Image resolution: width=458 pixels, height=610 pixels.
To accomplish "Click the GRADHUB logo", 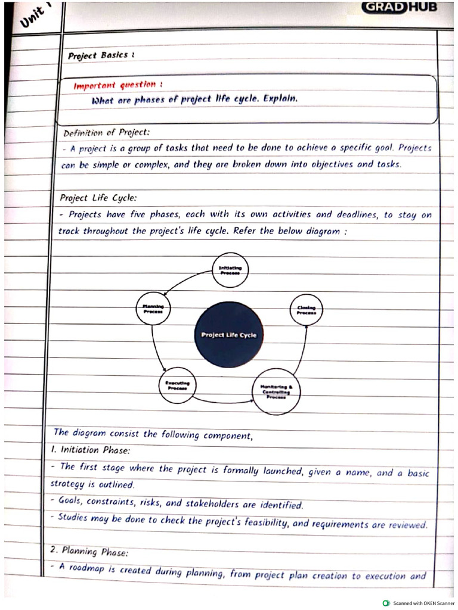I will (399, 7).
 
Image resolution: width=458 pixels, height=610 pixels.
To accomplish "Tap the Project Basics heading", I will (101, 55).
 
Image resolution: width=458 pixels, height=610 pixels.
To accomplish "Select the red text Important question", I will (118, 85).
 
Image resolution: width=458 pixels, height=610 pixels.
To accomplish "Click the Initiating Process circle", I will (230, 270).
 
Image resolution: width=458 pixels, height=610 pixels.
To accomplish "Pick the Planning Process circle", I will (153, 308).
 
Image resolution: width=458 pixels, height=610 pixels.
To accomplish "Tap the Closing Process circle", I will (306, 310).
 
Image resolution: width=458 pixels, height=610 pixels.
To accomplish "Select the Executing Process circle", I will (177, 385).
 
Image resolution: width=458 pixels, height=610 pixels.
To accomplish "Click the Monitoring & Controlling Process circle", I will (276, 391).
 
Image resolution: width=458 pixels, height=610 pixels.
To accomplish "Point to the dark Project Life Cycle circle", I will (229, 334).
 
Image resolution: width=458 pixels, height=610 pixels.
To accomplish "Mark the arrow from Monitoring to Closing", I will (302, 351).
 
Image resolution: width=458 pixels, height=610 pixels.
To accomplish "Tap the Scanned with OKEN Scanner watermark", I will (419, 603).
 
